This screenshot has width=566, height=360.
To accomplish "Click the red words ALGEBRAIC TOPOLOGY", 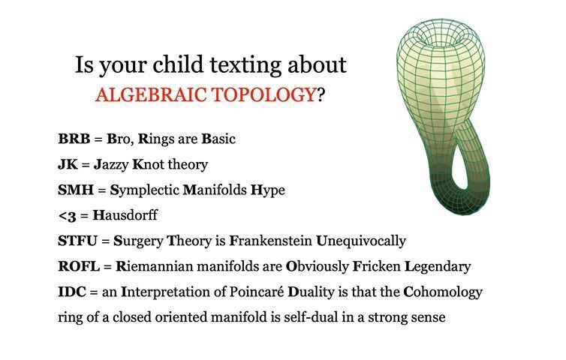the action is pos(206,94).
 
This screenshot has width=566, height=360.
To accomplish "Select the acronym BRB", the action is pos(74,139).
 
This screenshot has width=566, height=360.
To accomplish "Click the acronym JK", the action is pos(68,164).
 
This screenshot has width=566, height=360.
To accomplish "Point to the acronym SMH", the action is pos(76,190).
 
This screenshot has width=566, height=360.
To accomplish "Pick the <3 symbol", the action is pos(67,216).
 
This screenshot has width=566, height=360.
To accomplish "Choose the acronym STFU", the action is pos(77,241).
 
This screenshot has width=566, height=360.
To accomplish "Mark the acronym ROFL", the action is pos(79,266).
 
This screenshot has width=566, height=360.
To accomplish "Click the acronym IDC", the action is pos(72,292).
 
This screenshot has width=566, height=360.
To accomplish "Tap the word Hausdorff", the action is pos(125,215).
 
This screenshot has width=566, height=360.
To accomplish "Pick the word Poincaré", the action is pos(257,292).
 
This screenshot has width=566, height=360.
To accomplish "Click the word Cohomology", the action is pos(443,292).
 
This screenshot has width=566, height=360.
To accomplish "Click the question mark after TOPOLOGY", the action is pos(321,94).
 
